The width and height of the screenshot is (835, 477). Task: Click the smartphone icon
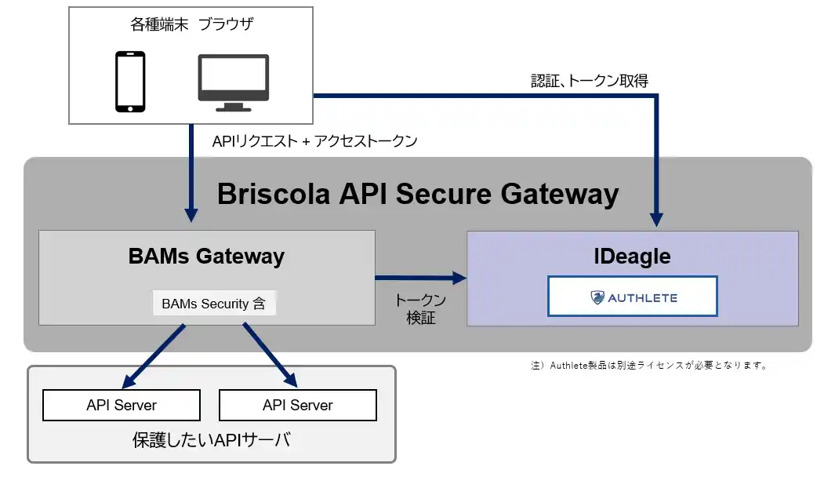coord(130,82)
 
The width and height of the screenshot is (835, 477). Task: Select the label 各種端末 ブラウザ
coord(192,24)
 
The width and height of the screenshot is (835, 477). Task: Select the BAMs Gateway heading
coord(206,256)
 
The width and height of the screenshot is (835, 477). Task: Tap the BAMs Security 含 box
coord(213,304)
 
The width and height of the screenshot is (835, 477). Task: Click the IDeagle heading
coord(632,256)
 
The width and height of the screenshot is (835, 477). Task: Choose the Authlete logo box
coord(632,297)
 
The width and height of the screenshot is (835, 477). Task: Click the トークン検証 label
coord(421,309)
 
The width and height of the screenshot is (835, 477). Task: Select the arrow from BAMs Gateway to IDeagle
coord(419,277)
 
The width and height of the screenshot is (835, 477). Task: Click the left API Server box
coord(122,406)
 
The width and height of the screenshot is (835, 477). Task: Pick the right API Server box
coord(298,406)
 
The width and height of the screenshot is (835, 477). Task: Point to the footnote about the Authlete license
coord(648,366)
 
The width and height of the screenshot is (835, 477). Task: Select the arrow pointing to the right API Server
coord(270,355)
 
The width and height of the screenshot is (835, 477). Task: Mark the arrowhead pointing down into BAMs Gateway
coord(191,213)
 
